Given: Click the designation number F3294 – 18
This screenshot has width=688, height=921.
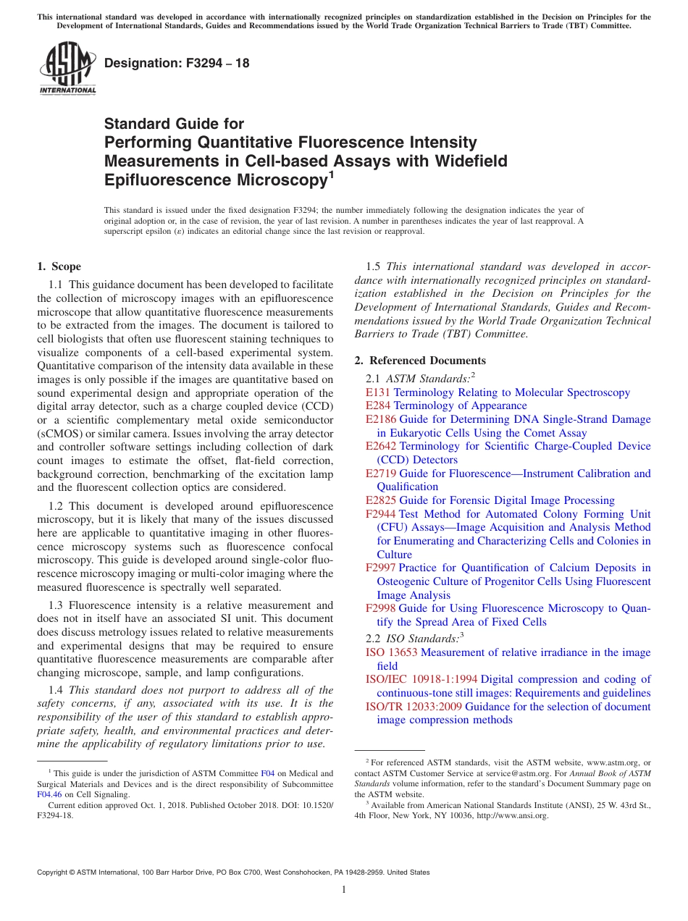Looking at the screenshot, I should coord(177,63).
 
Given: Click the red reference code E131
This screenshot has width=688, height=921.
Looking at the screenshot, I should coord(378,392).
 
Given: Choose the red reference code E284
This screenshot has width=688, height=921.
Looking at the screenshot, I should coord(378,405).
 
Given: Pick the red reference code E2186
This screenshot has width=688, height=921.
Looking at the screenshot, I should coord(381,419).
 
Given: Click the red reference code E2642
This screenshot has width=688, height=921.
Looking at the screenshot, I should coord(381,446).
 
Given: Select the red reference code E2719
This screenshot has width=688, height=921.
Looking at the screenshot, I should coord(381,474).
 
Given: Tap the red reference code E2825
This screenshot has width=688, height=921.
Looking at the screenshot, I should coord(381,500).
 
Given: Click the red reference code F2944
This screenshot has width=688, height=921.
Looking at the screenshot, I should coord(381,514).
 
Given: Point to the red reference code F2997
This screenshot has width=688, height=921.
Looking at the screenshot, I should coord(381,568).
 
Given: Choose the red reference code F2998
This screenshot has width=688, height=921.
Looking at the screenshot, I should coord(381,608).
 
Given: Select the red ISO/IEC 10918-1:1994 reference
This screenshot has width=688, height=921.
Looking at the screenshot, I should coord(421,679).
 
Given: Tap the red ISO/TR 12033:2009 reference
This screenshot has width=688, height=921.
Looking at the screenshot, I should coord(414,706).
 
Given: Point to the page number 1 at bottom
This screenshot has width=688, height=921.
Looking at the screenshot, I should coord(344,889).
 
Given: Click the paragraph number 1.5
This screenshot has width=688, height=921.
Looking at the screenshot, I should coord(374,266).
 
